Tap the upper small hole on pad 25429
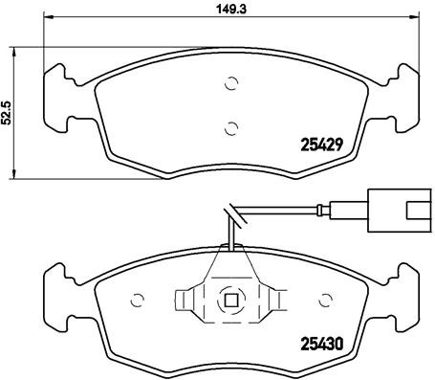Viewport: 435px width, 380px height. (229, 84)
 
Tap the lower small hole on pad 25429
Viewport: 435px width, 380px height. (229, 124)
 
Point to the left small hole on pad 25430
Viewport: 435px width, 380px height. (135, 298)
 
